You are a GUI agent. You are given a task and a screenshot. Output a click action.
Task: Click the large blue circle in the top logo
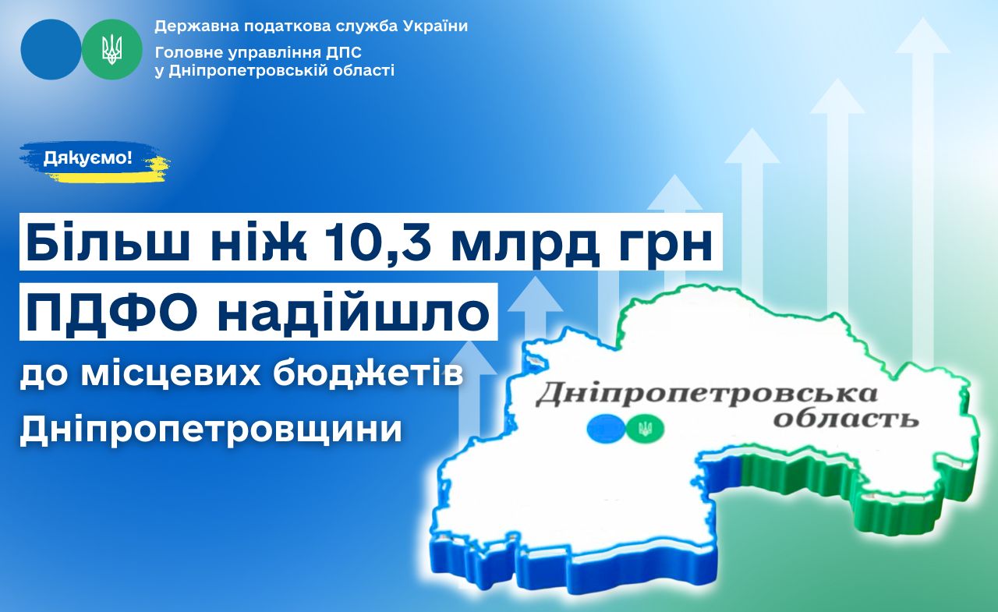click(x=51, y=49)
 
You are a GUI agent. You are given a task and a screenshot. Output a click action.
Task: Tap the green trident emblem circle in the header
click(x=111, y=49)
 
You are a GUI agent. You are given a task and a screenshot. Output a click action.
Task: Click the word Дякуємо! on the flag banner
click(x=88, y=157)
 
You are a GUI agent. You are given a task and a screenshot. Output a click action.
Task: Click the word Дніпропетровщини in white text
click(x=211, y=429)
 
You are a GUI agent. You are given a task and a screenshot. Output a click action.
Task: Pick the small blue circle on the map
click(x=606, y=429)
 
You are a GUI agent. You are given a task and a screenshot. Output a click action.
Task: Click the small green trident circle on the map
click(x=644, y=429)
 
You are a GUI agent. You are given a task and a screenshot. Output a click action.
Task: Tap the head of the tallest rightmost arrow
click(x=922, y=36)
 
